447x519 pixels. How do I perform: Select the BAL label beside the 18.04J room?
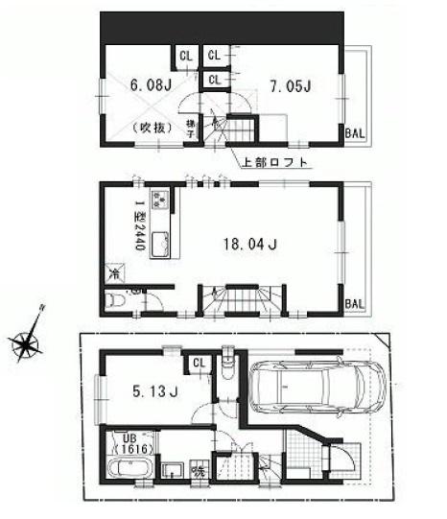(355, 304)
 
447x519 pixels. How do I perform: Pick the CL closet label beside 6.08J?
(185, 56)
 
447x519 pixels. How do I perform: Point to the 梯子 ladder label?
(191, 128)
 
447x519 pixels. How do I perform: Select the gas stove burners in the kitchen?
(159, 201)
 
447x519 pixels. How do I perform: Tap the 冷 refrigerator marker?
(115, 273)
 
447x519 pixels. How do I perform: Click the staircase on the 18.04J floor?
(236, 300)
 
